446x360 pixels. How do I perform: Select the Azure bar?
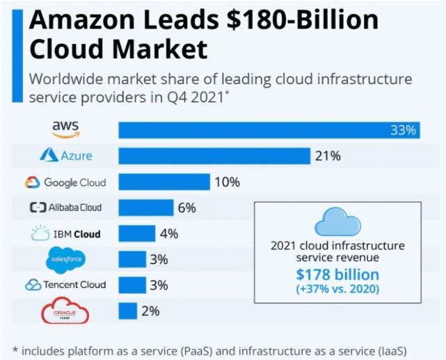(214, 156)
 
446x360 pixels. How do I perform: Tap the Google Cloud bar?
(164, 182)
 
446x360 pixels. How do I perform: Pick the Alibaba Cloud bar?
(146, 208)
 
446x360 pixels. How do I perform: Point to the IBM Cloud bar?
(137, 233)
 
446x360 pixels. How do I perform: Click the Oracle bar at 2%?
(127, 311)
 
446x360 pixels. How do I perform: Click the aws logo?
(66, 129)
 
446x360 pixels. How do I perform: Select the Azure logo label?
(66, 155)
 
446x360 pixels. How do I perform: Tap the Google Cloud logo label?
(65, 182)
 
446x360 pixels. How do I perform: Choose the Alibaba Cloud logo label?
(65, 208)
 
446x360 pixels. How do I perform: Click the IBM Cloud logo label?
(66, 233)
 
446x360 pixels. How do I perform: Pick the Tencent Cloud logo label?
(65, 285)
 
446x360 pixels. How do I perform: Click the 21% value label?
(327, 156)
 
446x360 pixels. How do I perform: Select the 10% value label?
(227, 182)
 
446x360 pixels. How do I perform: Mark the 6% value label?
(186, 208)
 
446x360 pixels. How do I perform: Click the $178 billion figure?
(337, 274)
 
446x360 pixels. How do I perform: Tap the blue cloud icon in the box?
(337, 224)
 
